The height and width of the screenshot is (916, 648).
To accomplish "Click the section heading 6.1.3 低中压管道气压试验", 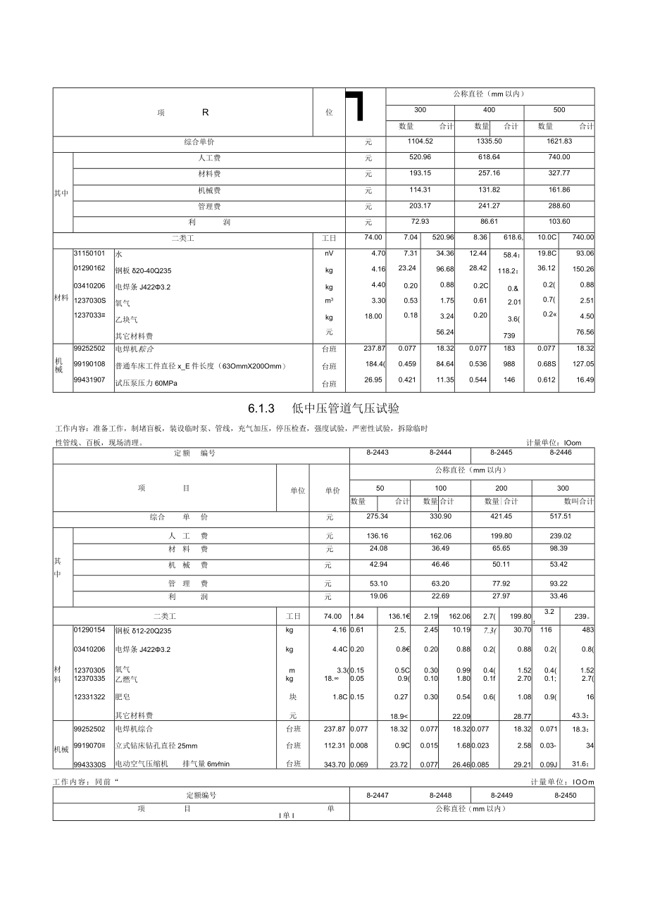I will pos(324,409).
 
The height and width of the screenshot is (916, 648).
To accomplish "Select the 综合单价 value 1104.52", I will pos(420,142).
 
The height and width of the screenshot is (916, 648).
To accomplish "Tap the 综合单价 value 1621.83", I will pos(559,142).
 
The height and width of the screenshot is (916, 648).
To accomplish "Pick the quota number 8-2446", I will pos(561,453).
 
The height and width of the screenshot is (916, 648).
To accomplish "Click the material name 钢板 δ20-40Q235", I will pos(143,270).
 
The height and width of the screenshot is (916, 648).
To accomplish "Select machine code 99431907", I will pos(89,380).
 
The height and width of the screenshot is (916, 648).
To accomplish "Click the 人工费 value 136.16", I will pos(378,535).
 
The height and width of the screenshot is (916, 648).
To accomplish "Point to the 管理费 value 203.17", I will pos(420,206).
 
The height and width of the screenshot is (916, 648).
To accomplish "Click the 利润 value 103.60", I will pos(559,222).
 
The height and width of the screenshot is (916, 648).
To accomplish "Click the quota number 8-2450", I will pos(566,795).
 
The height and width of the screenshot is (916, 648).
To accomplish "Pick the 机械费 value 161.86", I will pos(559,190).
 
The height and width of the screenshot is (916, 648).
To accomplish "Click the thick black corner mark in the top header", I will pos(354,104).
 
